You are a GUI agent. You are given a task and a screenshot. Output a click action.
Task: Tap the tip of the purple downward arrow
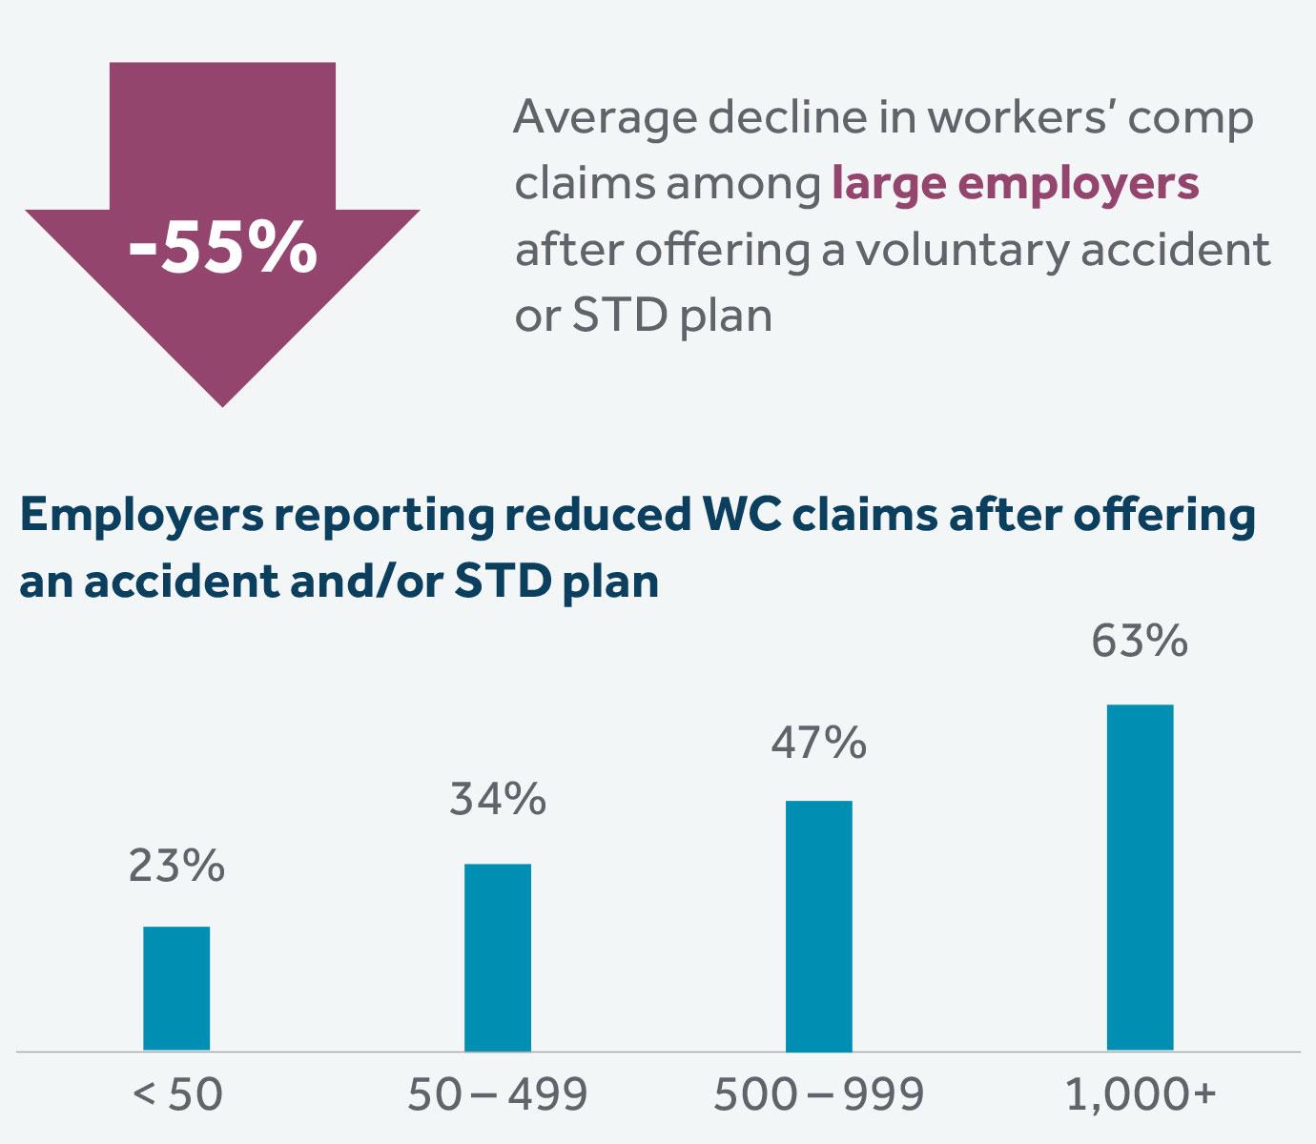(x=222, y=400)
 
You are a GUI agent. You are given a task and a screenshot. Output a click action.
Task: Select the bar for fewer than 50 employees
(x=176, y=989)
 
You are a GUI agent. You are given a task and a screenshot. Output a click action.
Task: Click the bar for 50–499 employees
(x=498, y=957)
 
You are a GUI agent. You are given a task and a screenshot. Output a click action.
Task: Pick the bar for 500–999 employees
(x=819, y=926)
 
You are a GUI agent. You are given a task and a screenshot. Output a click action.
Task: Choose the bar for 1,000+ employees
(x=1140, y=877)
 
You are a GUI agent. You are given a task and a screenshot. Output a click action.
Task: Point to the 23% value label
(x=176, y=866)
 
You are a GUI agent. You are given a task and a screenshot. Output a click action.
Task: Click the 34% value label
(x=498, y=799)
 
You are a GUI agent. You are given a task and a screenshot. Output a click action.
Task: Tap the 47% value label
(x=819, y=743)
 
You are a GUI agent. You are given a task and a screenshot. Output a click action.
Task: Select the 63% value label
(x=1140, y=641)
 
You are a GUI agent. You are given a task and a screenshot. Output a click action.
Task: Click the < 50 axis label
(x=177, y=1094)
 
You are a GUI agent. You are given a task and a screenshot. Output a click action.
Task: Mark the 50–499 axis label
(x=498, y=1094)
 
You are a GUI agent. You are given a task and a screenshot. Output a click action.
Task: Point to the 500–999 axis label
(x=819, y=1094)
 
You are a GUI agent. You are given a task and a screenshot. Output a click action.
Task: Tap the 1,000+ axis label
(x=1140, y=1094)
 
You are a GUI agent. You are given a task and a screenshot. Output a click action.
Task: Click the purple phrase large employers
(x=1015, y=183)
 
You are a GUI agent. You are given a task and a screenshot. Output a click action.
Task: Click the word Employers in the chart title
(x=140, y=516)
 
